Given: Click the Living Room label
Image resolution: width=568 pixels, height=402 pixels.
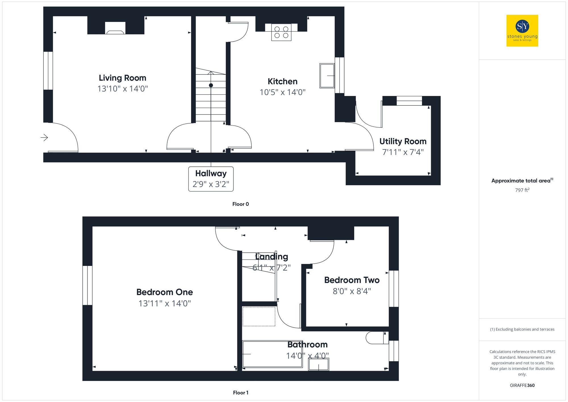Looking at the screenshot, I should coord(122,78).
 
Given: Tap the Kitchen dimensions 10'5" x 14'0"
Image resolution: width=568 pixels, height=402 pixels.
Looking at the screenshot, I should coord(282,92).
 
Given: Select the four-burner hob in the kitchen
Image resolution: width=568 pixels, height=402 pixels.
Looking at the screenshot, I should coord(281,32).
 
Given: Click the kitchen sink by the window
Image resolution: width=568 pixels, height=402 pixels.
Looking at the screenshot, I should coord(327,76).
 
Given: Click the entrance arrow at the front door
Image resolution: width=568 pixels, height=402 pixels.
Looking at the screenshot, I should coord(44,138).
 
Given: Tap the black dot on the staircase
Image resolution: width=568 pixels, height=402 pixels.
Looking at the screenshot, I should coord(211,85).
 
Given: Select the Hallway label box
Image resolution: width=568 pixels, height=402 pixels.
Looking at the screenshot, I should coord(211,179).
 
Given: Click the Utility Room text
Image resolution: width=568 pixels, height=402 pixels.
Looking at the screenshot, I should coord(403,141).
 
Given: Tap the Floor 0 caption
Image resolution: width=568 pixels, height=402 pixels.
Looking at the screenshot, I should coord(240,204).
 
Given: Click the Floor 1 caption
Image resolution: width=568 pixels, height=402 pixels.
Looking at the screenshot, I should coord(241,393).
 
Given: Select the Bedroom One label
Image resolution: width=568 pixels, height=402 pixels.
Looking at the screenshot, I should coord(164,292).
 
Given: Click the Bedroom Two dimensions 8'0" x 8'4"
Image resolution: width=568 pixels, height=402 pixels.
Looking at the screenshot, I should coord(352,291).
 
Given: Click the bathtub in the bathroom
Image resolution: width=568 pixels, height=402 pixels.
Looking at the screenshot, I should coord(272,354).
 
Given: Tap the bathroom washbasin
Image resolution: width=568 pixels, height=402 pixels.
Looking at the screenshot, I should coord(319,364).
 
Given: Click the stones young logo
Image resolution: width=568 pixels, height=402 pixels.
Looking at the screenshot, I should coord(522,31).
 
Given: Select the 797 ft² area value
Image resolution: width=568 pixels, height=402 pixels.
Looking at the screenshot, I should coord(522,190).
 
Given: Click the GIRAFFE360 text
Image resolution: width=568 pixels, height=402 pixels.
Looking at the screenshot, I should coord(522,386).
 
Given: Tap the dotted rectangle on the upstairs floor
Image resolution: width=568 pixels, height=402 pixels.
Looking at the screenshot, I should coord(259,316).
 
